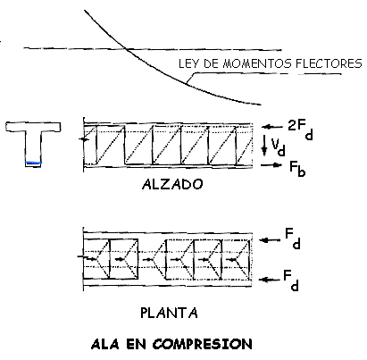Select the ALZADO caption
(172, 185)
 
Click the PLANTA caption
(169, 313)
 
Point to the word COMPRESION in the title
(202, 344)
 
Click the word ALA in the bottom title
(104, 345)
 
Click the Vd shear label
(278, 147)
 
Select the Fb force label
(297, 169)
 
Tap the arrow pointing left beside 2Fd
(272, 127)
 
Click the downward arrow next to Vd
(264, 145)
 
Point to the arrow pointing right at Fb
(271, 164)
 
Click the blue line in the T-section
(33, 163)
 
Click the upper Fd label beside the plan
(293, 239)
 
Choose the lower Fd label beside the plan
(291, 280)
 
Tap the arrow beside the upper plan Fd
(270, 239)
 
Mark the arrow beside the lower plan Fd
(270, 280)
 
